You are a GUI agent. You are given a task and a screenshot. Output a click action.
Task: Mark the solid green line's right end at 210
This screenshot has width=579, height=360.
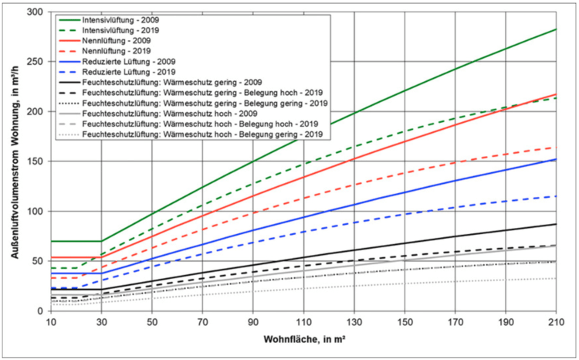click(x=555, y=29)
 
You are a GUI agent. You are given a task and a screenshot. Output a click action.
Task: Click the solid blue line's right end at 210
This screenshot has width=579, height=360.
click(x=555, y=159)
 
